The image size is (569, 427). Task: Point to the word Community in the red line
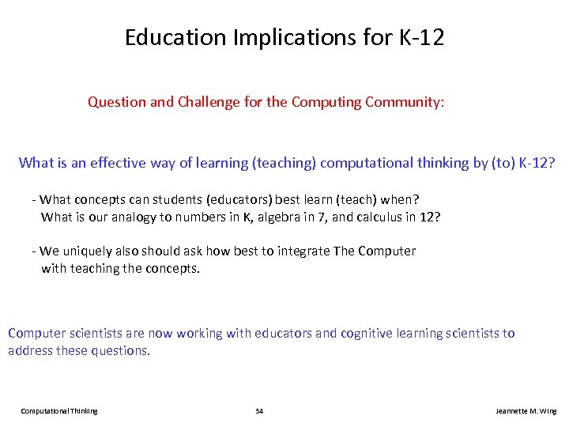[x=403, y=102]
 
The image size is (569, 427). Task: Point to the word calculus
[x=371, y=217]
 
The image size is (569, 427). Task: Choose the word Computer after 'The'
[x=386, y=251]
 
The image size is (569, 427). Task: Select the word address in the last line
[x=30, y=350]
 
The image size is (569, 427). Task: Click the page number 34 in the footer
[x=259, y=411]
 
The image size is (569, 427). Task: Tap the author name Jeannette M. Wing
[x=526, y=411]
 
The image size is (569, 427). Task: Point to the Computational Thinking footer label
[x=59, y=411]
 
